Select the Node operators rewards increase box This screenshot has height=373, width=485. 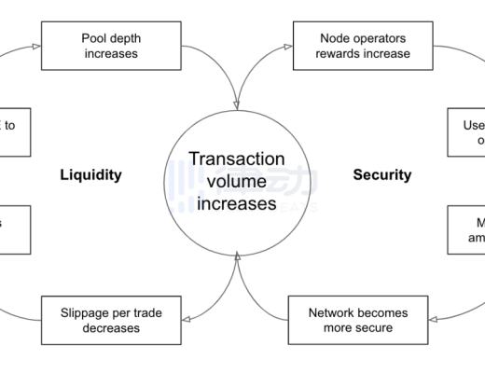click(x=352, y=46)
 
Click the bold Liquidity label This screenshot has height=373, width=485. click(x=90, y=175)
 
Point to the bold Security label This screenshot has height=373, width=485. click(x=381, y=175)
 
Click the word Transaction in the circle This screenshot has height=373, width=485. click(x=237, y=159)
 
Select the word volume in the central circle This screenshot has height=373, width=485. click(x=237, y=181)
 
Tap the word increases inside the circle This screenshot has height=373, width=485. click(x=237, y=202)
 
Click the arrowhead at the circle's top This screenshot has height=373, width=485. click(x=237, y=104)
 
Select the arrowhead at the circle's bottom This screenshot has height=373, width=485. click(x=237, y=255)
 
